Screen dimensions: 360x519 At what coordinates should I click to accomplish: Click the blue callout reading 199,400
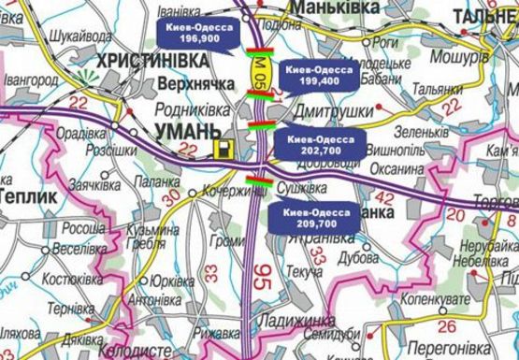point(319,76)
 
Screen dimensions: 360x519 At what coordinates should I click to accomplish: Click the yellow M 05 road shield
point(259,70)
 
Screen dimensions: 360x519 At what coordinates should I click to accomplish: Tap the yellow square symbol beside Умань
point(223,149)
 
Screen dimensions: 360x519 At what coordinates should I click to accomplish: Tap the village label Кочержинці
point(229,190)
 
